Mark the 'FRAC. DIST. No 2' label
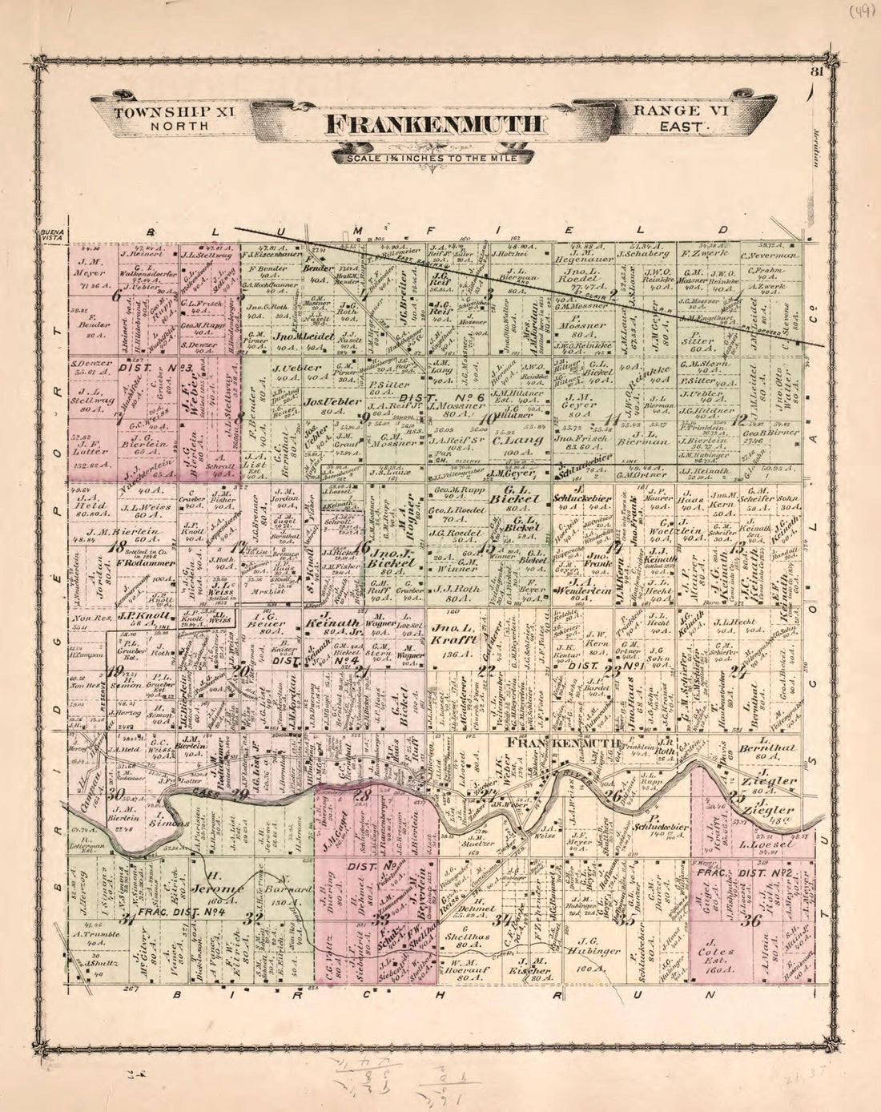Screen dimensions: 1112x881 pos(749,872)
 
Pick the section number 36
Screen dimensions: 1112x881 pos(750,920)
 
